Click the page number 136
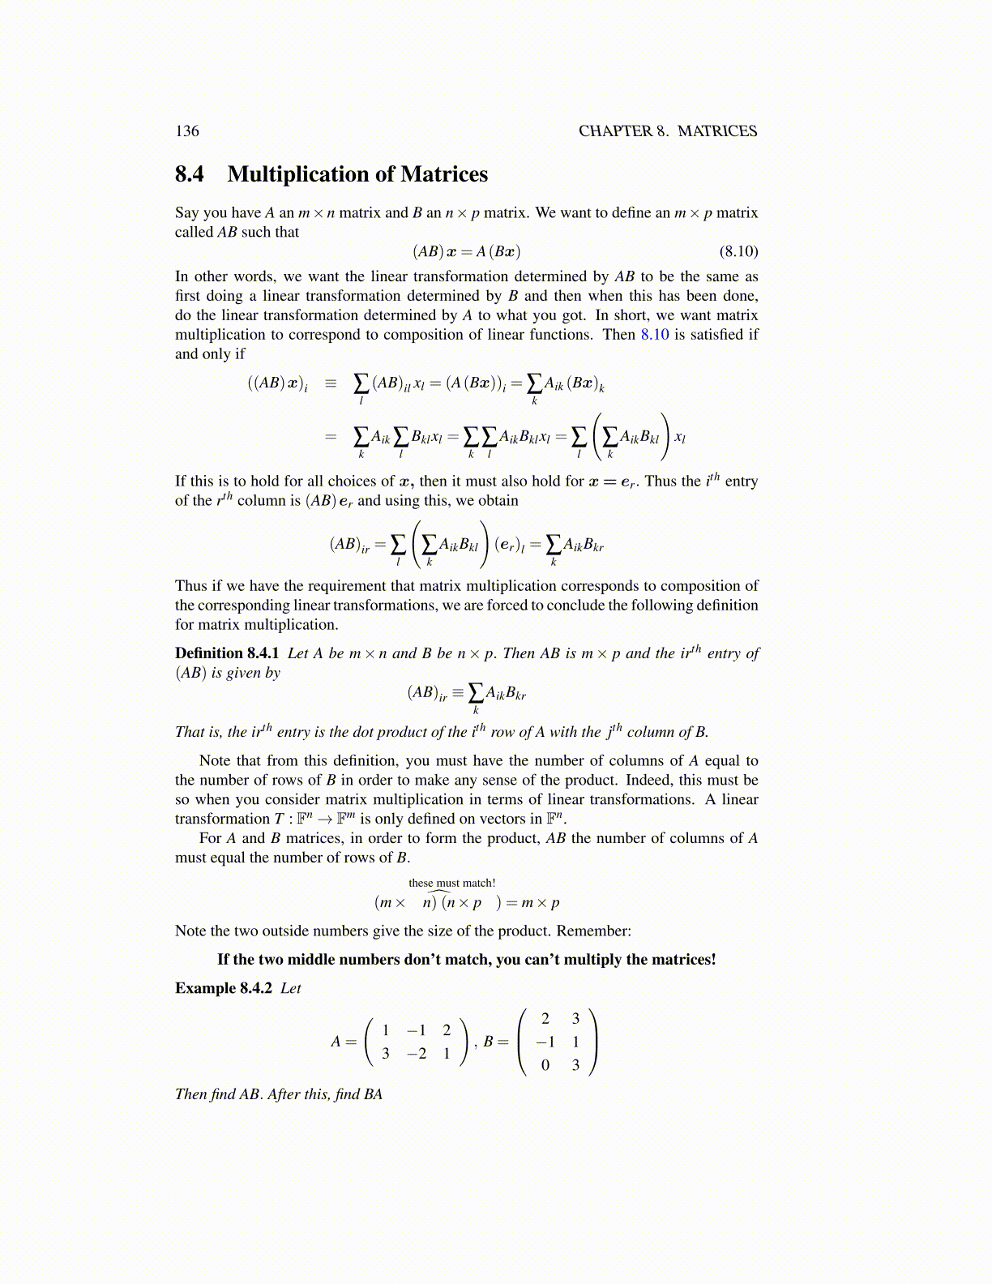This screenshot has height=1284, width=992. (x=186, y=131)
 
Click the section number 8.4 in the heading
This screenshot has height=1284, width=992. (x=190, y=174)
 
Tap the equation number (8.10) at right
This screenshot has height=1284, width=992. (x=738, y=251)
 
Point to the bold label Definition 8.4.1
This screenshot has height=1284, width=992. (x=227, y=653)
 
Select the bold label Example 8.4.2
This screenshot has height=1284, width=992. (x=223, y=988)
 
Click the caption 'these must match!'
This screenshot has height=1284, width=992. (x=451, y=883)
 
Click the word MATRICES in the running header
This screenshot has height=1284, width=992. (x=717, y=131)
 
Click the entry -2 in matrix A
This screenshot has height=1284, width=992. (x=417, y=1054)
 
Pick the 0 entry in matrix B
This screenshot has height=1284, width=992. (x=545, y=1065)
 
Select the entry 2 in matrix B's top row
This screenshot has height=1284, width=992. (x=545, y=1019)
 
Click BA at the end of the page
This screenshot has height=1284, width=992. (x=373, y=1094)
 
